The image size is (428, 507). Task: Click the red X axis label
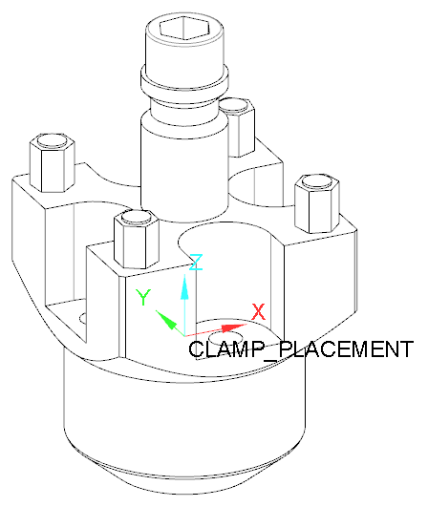tap(258, 311)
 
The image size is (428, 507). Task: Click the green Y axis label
tap(143, 298)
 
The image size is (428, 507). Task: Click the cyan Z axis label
tap(196, 263)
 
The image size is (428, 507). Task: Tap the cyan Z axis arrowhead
tap(184, 286)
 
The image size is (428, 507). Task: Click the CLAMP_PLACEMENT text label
tap(301, 349)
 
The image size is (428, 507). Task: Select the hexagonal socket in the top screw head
tap(184, 27)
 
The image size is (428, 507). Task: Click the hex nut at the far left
tap(53, 162)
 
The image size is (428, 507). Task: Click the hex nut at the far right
tap(317, 203)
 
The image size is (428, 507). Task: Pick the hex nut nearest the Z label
tap(137, 240)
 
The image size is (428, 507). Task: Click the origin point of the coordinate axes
tap(184, 336)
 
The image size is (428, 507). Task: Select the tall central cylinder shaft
tap(184, 168)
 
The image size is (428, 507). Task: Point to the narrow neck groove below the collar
tap(184, 104)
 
